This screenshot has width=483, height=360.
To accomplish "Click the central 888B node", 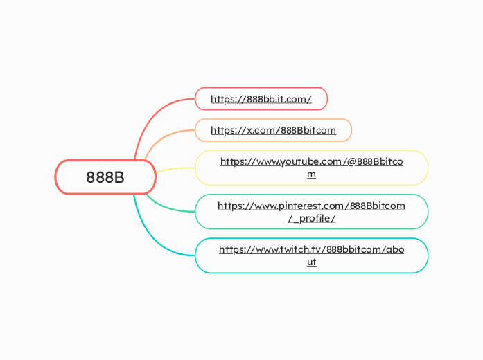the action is point(105,177).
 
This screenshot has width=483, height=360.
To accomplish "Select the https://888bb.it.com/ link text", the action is point(261,99).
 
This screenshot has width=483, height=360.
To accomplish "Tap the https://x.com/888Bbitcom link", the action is point(273,130).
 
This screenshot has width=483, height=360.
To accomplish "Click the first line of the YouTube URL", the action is point(311,161).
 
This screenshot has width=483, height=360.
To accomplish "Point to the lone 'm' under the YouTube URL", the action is point(311,174).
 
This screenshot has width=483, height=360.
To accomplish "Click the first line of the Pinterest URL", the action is point(311,206).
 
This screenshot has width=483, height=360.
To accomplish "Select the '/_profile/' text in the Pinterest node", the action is point(311,218).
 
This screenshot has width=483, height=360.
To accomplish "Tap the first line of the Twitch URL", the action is point(311,249).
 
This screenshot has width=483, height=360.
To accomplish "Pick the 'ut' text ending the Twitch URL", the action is point(311,262).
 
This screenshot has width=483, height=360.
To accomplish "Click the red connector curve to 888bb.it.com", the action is point(150,118).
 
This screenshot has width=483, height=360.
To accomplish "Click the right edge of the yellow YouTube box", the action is point(428,168).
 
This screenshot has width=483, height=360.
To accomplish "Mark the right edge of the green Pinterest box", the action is point(428,212).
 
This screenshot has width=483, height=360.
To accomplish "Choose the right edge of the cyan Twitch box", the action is point(428,255).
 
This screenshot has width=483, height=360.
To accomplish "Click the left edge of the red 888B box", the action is point(56,177).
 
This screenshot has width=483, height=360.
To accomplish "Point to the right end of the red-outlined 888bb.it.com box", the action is point(326,99).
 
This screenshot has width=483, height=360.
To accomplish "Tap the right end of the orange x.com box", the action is point(351,130).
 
